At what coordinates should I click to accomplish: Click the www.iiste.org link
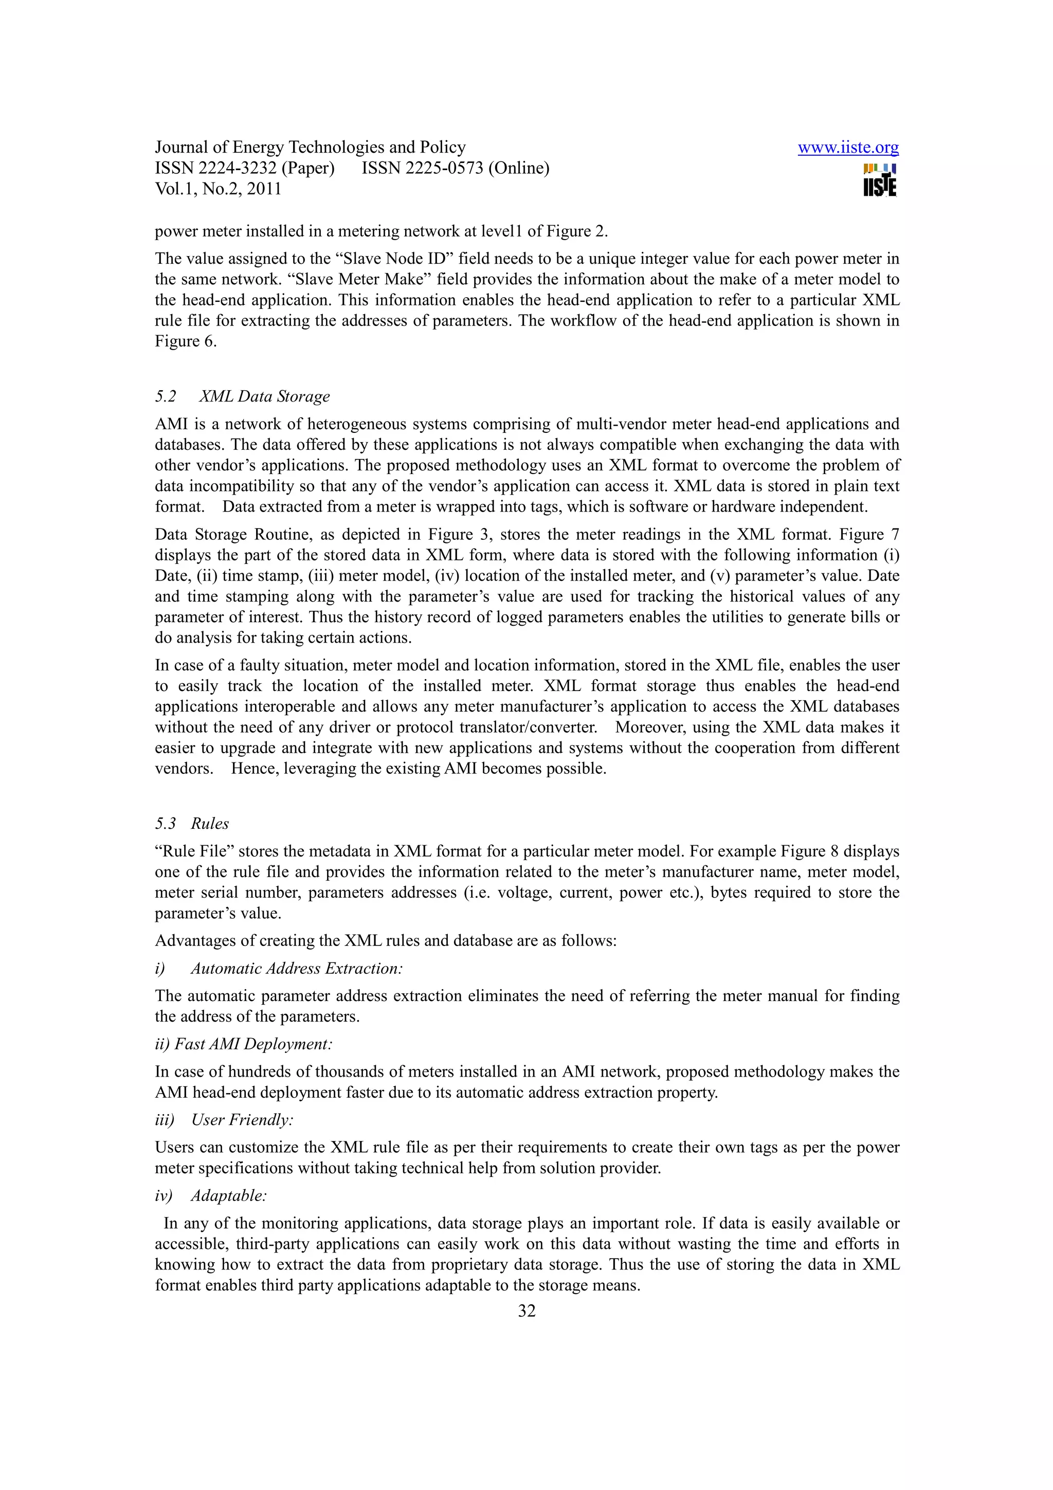847,148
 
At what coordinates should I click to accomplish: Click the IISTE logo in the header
880,180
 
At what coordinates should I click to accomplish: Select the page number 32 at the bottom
526,1311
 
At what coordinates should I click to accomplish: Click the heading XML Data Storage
264,396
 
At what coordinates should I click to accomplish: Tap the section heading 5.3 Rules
192,824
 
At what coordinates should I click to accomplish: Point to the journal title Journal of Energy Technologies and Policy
310,148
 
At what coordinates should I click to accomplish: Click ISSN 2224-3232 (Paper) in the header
245,168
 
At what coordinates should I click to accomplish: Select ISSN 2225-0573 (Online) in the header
455,168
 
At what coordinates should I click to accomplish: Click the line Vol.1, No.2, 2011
218,189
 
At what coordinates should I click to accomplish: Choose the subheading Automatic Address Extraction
297,968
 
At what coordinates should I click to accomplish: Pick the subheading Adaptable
228,1195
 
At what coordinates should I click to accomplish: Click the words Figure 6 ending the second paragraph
185,341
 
